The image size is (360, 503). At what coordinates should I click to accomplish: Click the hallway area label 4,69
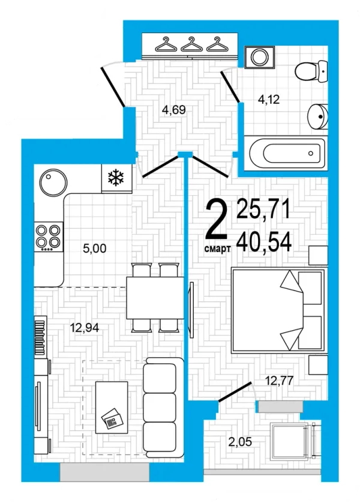coord(174,110)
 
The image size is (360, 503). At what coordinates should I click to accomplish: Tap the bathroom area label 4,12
coord(269,100)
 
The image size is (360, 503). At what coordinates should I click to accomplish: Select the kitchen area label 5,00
coord(95,248)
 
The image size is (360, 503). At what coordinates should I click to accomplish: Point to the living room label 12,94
coord(85,328)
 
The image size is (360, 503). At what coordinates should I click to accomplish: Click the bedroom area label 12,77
coord(279,381)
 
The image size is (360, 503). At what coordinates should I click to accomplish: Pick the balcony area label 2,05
coord(240,442)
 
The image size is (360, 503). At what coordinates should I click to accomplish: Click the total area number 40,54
coord(264,243)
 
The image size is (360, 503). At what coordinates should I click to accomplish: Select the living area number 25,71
coord(263,209)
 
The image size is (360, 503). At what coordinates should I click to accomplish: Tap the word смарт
coord(217,248)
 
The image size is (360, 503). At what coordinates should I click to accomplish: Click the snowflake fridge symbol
coord(116,178)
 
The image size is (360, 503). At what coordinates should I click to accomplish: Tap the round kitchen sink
coord(53,183)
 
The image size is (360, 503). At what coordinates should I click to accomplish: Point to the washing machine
coord(260,57)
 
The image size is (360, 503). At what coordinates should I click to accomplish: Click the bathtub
coord(286,152)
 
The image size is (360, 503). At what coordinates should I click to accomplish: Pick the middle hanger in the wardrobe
coord(192,44)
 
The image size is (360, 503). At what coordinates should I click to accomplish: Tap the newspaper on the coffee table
coord(112,418)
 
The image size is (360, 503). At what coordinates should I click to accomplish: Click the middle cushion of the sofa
coord(160,408)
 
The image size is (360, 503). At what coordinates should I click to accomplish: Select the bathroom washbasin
coord(318,116)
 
